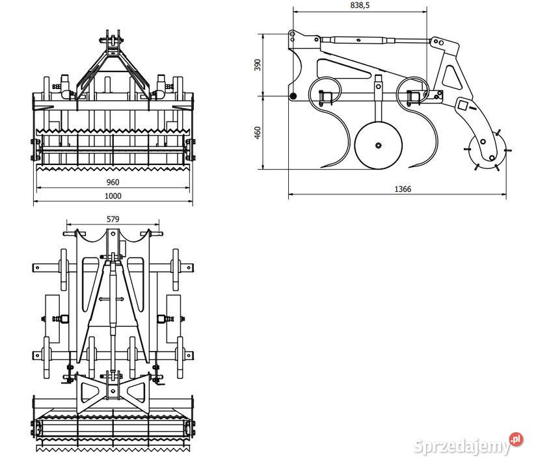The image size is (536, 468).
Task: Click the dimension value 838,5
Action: [360, 5]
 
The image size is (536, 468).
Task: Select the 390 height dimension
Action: [258, 65]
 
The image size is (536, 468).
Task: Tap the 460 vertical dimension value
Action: [258, 133]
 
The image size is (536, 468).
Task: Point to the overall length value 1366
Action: [402, 189]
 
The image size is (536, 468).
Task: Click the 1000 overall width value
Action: [113, 196]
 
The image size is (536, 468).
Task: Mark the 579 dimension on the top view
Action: [113, 219]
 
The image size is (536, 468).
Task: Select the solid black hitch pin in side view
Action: [293, 97]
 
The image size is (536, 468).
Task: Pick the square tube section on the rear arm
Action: [464, 104]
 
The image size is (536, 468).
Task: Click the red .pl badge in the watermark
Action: [516, 439]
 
